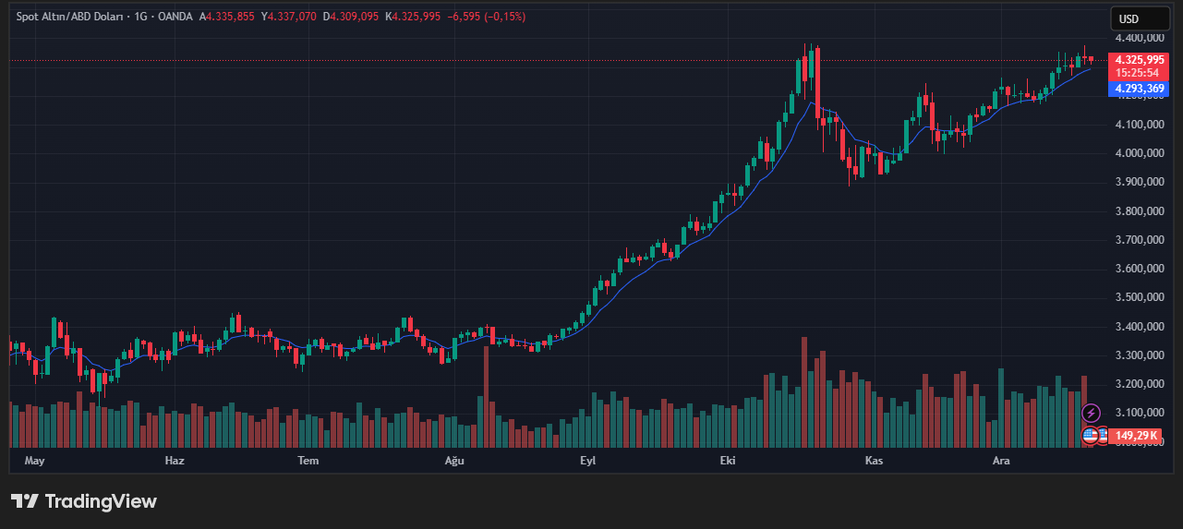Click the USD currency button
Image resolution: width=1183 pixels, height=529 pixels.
[1129, 18]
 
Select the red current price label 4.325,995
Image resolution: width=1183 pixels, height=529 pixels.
[1140, 60]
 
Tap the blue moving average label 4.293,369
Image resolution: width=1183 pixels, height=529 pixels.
[1140, 89]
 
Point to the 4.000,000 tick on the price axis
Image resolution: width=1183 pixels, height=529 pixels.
[1139, 153]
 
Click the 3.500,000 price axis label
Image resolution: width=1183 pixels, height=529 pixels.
[1139, 297]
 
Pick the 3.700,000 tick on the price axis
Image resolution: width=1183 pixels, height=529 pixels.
[1139, 240]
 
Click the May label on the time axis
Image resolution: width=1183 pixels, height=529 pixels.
[34, 460]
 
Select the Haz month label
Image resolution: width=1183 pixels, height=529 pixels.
[175, 460]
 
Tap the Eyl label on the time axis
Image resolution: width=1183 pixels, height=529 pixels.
[588, 460]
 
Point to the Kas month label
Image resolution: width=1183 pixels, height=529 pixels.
[874, 460]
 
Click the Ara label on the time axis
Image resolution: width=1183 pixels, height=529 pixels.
[1000, 460]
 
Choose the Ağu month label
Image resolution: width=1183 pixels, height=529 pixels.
[453, 460]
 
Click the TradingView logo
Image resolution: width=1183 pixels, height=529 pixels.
[84, 501]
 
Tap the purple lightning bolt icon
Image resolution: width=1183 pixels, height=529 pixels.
[1091, 413]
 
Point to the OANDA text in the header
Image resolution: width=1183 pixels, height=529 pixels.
[175, 18]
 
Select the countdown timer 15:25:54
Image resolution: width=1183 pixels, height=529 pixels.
[1137, 73]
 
